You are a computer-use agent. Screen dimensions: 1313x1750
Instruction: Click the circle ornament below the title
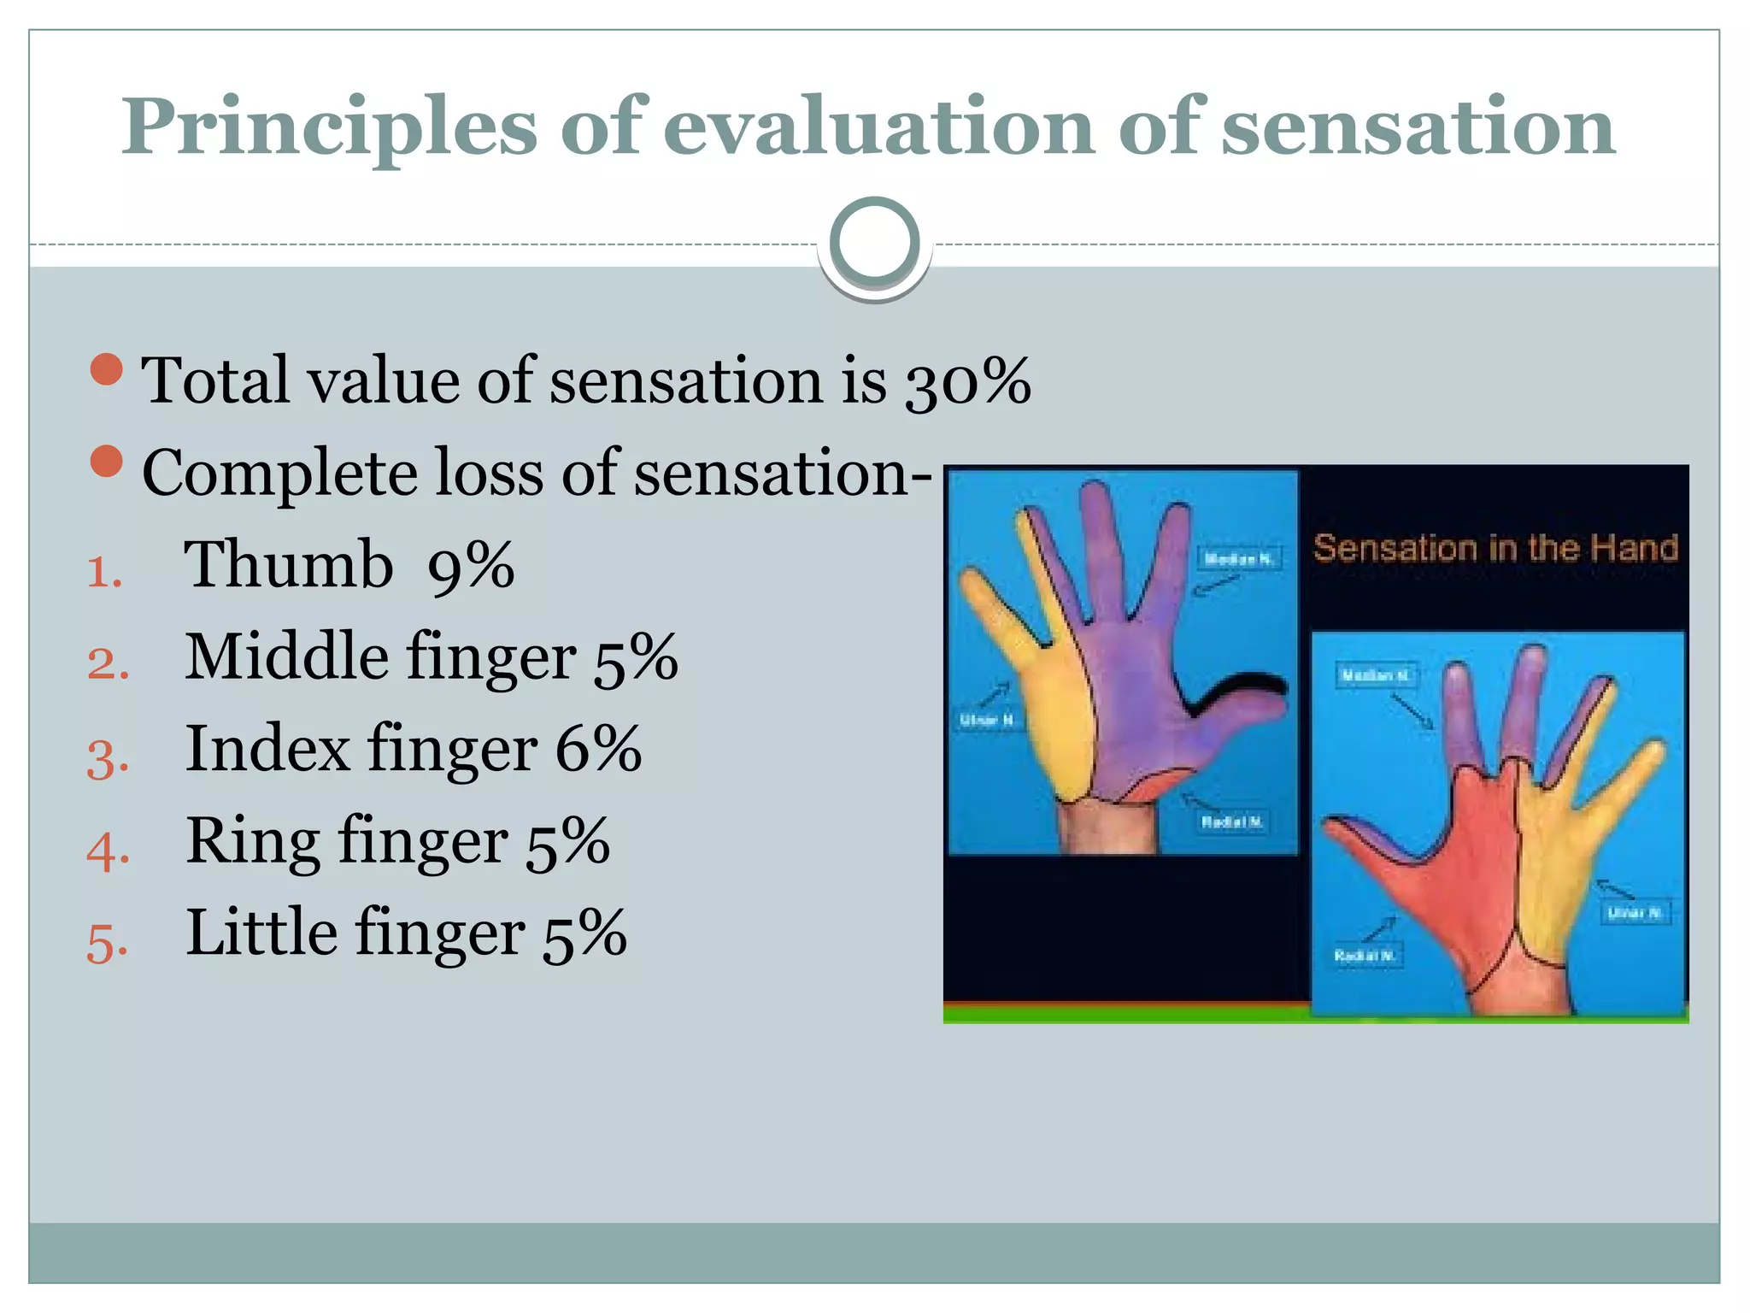pos(874,243)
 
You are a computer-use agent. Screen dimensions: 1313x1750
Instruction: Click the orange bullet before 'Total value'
pos(107,369)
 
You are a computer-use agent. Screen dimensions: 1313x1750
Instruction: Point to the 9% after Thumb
pos(471,567)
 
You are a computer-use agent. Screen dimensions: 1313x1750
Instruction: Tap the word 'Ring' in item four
pos(253,841)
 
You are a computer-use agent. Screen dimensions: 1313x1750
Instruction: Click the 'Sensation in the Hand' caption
pos(1495,548)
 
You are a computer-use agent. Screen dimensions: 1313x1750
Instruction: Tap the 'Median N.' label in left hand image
pos(1237,559)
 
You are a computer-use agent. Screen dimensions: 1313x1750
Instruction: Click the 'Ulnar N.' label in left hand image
pos(987,720)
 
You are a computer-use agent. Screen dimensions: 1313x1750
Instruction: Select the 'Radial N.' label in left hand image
pos(1231,821)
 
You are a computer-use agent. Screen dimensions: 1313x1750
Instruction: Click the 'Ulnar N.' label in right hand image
pos(1634,913)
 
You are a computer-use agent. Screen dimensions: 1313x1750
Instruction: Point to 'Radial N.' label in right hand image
pos(1365,955)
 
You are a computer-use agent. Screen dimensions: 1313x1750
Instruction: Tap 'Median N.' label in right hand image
pos(1375,675)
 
